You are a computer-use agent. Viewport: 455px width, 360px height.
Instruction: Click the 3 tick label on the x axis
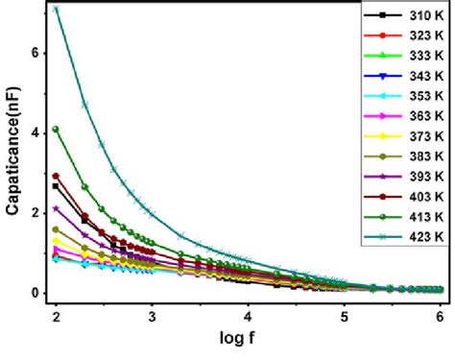pyautogui.click(x=152, y=314)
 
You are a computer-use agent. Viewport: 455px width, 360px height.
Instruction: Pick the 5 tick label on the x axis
pyautogui.click(x=345, y=314)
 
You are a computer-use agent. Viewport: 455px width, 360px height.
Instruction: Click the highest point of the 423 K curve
pyautogui.click(x=56, y=9)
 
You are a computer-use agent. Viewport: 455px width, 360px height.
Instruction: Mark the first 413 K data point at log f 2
pyautogui.click(x=56, y=129)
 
